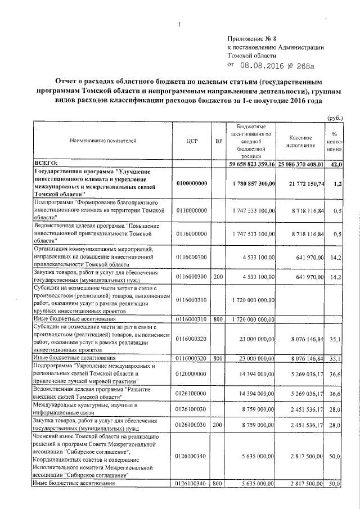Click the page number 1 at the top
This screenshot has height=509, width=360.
(179, 24)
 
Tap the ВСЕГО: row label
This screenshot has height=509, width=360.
(51, 163)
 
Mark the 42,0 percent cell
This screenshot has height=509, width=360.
(336, 164)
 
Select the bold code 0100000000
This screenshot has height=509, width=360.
(191, 183)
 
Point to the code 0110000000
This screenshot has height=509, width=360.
(191, 209)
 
